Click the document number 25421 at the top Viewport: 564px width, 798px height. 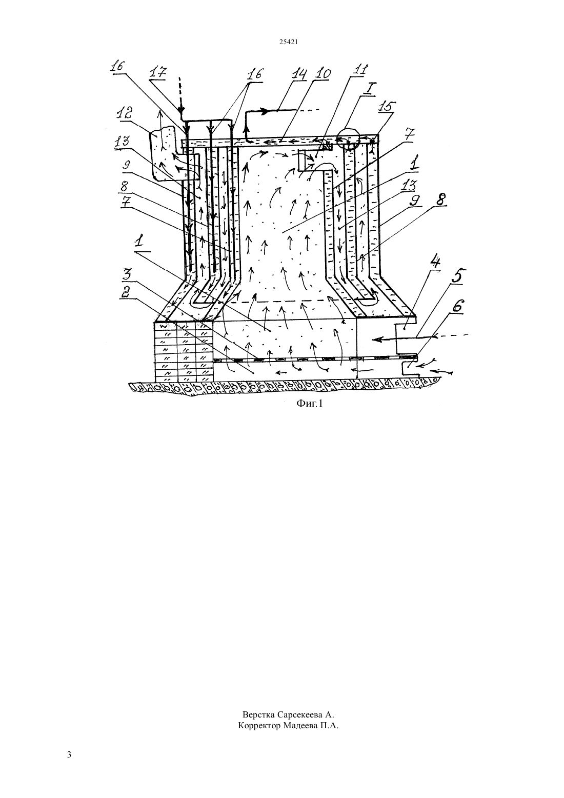288,42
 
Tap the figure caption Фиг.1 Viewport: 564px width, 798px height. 309,403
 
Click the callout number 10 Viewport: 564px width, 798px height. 323,74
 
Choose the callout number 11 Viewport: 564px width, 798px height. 360,69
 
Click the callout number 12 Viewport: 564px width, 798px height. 124,114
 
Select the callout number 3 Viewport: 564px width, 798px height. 127,274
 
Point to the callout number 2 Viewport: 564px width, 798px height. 127,292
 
